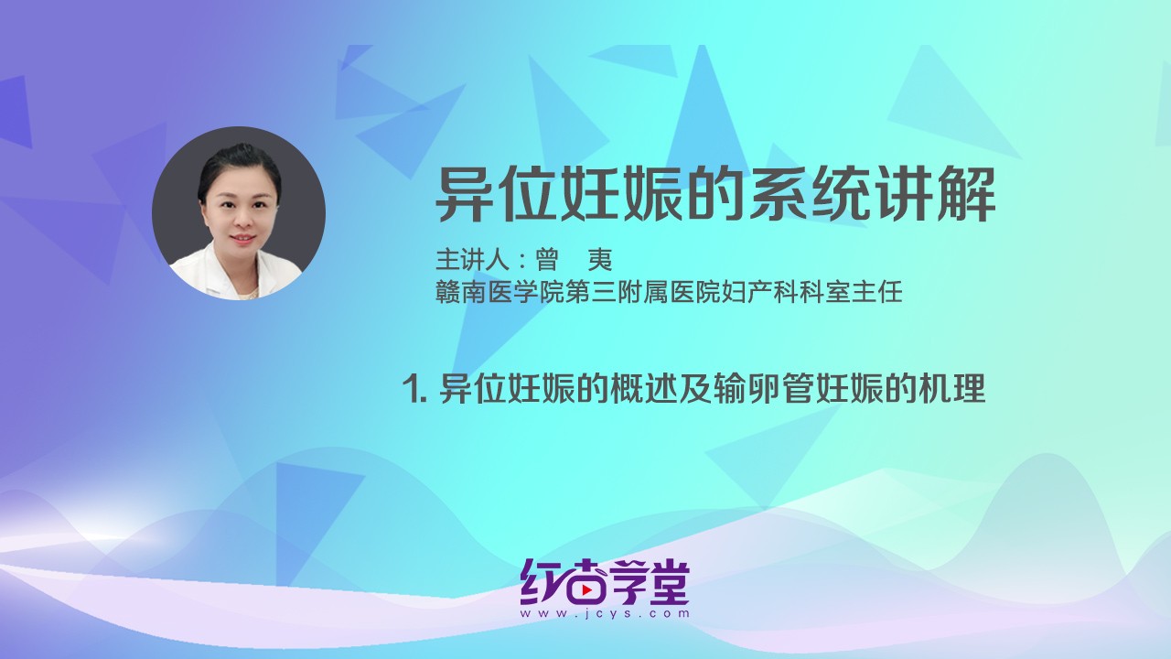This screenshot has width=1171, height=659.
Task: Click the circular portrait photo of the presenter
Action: pyautogui.click(x=239, y=213)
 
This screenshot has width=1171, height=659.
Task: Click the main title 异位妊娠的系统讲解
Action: pyautogui.click(x=715, y=194)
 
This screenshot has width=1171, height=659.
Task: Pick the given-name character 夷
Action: pyautogui.click(x=600, y=260)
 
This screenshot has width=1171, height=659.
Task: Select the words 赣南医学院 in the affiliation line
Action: pyautogui.click(x=494, y=293)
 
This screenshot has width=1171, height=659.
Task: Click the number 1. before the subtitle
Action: pyautogui.click(x=416, y=390)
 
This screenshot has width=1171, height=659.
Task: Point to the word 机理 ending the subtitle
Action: pyautogui.click(x=957, y=390)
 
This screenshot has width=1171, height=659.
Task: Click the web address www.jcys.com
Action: pyautogui.click(x=605, y=615)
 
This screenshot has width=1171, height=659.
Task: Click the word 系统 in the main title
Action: pyautogui.click(x=778, y=194)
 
